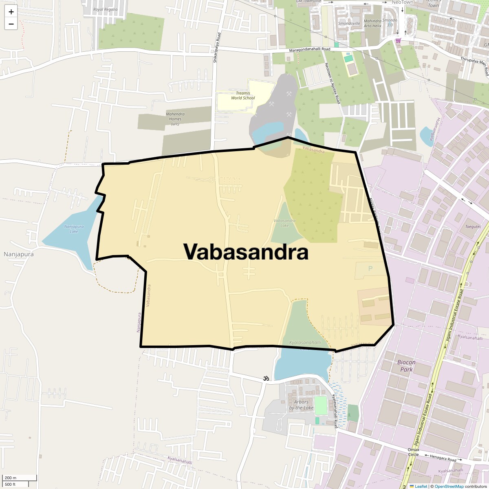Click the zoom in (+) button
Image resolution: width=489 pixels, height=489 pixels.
11,12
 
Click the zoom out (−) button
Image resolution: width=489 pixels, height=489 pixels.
11,24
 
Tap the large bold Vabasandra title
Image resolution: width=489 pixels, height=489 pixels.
245,252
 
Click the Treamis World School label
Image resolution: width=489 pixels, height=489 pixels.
243,95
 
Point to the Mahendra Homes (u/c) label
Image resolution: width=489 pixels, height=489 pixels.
175,119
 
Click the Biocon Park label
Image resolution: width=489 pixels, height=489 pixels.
406,366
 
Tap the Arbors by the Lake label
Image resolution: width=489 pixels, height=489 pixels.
301,405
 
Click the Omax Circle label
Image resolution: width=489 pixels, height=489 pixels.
413,452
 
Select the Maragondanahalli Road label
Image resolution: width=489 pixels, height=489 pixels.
309,49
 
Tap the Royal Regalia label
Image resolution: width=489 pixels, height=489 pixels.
105,9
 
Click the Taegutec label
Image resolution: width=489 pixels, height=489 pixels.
473,226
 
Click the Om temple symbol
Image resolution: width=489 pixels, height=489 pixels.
266,379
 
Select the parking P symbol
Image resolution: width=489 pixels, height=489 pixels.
370,268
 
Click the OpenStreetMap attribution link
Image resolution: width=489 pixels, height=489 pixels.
449,486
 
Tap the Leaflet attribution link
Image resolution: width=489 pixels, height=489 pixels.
421,486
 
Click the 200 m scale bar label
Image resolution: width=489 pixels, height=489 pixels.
11,478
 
